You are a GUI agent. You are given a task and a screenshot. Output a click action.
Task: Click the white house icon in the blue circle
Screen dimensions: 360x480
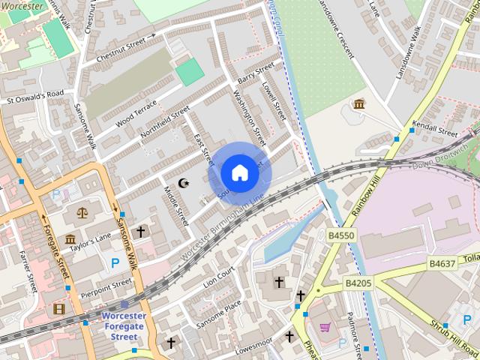239,173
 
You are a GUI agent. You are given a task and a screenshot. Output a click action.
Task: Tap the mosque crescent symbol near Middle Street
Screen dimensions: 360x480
184,183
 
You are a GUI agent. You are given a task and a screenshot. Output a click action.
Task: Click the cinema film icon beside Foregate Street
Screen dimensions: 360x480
59,308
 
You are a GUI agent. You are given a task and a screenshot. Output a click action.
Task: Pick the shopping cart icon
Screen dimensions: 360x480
325,327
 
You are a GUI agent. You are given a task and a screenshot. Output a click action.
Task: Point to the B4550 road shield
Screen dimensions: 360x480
341,235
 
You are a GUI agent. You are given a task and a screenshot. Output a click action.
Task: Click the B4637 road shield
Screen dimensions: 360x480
442,264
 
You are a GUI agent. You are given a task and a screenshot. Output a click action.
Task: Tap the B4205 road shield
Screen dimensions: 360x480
358,283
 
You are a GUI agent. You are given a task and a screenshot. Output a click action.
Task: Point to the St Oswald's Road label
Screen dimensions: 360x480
35,96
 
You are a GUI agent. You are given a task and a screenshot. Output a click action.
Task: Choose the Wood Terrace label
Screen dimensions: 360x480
136,114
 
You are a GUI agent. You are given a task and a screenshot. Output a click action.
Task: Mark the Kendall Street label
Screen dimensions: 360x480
435,127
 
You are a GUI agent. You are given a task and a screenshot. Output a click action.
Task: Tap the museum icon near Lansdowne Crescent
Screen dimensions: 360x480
359,104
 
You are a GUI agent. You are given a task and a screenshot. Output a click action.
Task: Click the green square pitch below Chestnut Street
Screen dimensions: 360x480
190,73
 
